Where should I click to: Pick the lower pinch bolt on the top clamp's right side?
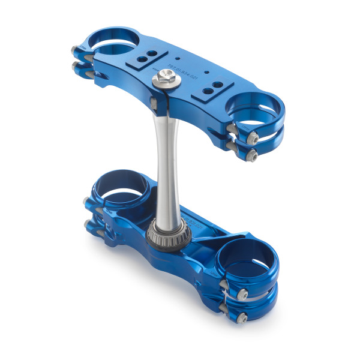pos(250,155)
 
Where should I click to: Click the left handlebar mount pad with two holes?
pos(142,60)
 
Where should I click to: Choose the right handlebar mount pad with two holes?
pos(209,91)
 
